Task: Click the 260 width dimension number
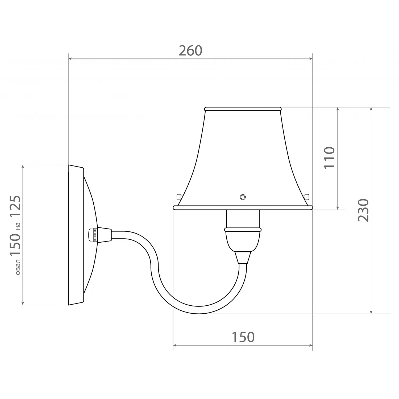coord(190,51)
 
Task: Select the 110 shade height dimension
coord(329,157)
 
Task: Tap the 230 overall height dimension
coord(363,210)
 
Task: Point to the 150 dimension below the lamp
coord(243,337)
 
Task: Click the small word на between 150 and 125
coord(18,226)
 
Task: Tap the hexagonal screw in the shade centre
coord(243,197)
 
